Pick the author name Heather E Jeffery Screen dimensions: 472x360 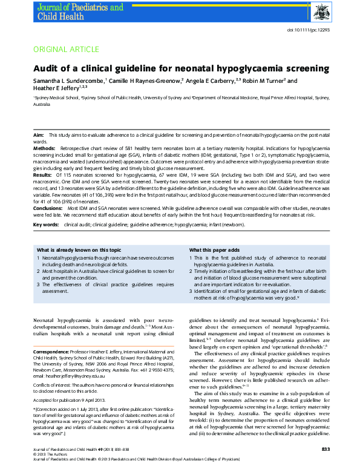tap(57, 88)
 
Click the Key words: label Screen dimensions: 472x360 tap(46, 224)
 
